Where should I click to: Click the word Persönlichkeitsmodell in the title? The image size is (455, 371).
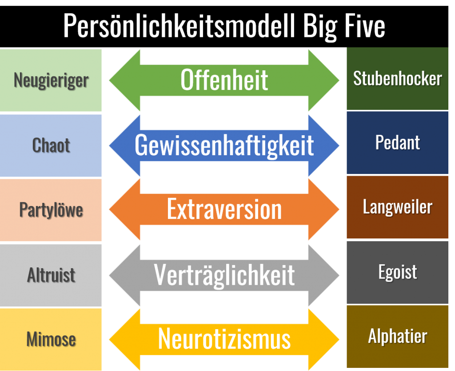[x=179, y=26]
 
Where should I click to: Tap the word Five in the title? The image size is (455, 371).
[x=365, y=26]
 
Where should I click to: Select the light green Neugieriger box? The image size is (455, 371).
[x=51, y=80]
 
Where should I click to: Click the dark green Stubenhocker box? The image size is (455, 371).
[x=397, y=79]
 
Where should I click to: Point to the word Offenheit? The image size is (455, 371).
[x=224, y=80]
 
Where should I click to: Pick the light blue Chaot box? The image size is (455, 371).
[x=51, y=145]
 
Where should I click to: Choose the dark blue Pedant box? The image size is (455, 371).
[x=397, y=143]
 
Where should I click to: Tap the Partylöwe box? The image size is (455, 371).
[x=51, y=210]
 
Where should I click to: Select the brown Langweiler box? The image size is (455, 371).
[x=397, y=207]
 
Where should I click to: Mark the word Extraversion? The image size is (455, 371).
[x=224, y=209]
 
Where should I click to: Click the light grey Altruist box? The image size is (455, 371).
[x=51, y=275]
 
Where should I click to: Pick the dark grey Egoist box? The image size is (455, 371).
[x=397, y=273]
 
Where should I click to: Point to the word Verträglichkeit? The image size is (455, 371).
[x=224, y=275]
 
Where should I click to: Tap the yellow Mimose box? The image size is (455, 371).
[x=51, y=339]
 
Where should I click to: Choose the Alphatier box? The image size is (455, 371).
[x=397, y=336]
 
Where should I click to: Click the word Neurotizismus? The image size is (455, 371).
[x=224, y=339]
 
